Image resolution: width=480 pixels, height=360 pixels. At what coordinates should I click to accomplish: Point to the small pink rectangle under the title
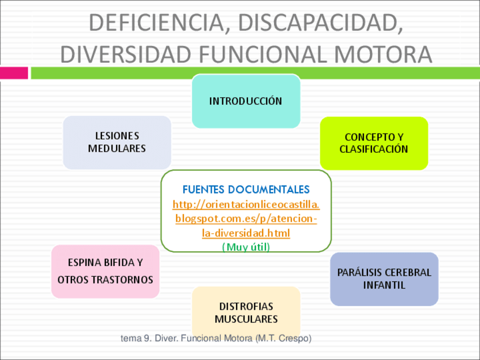(x=14, y=73)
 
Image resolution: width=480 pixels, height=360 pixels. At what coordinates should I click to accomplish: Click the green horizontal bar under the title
(x=255, y=73)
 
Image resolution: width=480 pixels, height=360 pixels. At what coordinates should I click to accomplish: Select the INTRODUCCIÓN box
(x=246, y=101)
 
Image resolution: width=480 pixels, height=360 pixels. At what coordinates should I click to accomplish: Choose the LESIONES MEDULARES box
(x=117, y=142)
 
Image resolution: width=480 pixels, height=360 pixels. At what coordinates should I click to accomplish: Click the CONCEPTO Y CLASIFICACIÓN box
(x=374, y=143)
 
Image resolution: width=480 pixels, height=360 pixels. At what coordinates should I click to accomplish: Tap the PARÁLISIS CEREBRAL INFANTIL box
(x=384, y=278)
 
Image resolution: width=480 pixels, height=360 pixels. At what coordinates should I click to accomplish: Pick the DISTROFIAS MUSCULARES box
(x=246, y=312)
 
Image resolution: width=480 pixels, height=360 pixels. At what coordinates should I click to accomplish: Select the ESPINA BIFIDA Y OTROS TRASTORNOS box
(x=105, y=271)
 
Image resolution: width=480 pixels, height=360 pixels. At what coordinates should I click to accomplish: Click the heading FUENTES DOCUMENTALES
(x=246, y=190)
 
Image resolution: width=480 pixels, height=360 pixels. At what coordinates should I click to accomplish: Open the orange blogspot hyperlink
(x=246, y=218)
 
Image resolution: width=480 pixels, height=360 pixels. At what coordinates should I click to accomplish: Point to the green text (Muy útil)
(x=246, y=247)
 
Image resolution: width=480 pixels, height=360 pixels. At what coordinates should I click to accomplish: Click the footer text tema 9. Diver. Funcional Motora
(x=187, y=338)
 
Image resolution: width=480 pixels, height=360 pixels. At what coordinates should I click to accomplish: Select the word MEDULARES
(x=117, y=149)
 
